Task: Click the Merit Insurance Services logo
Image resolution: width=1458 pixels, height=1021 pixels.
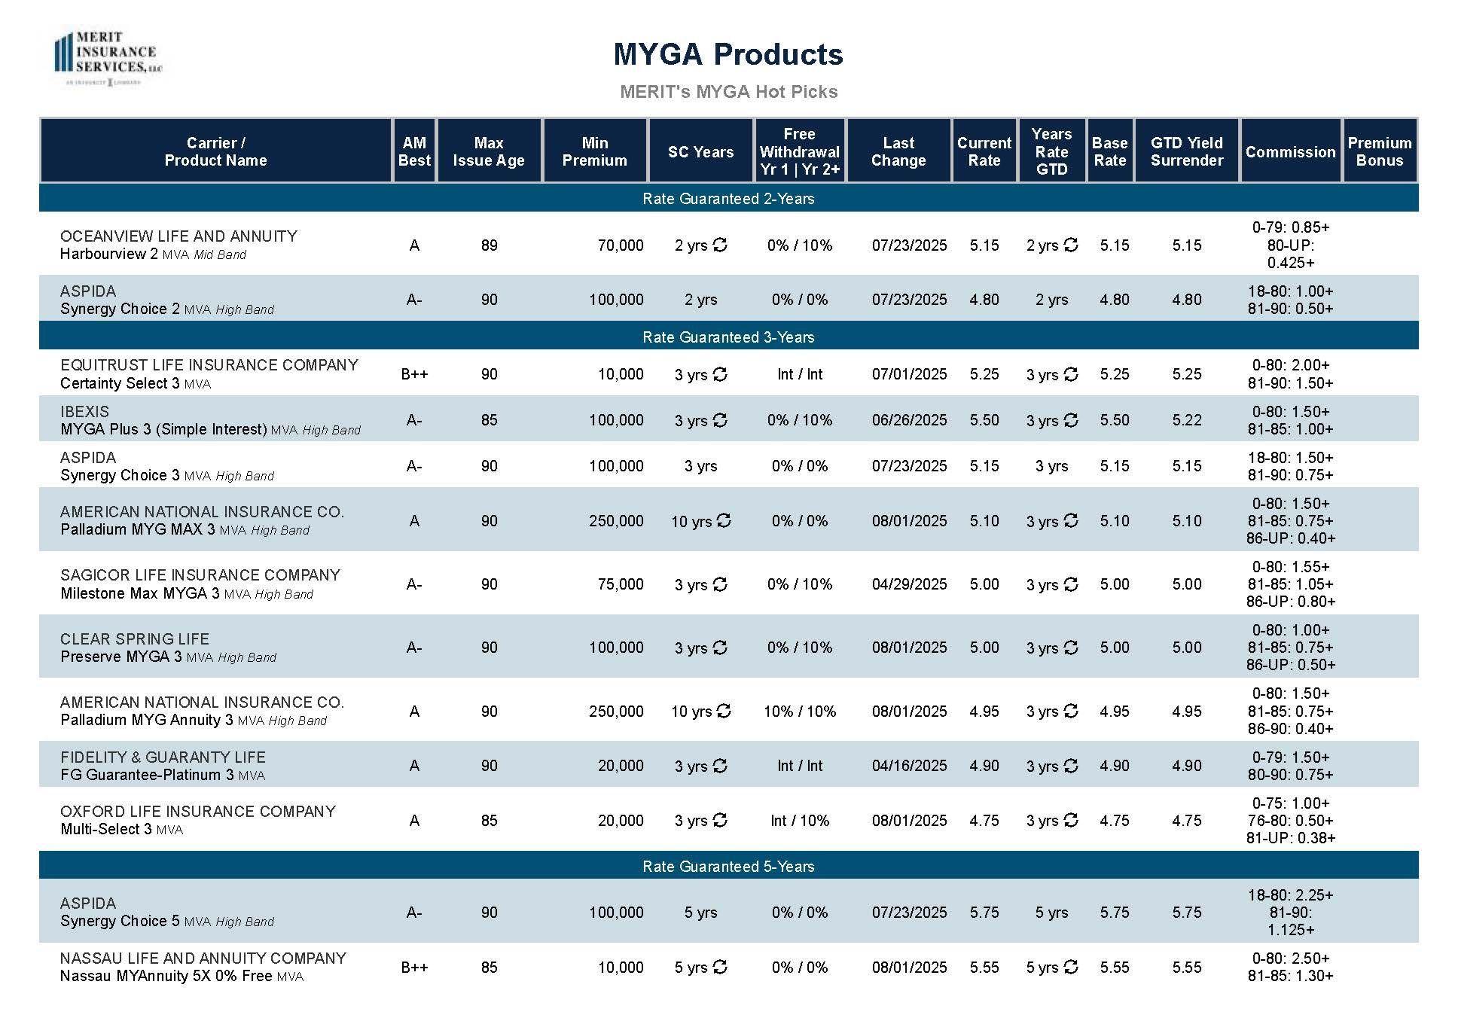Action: pyautogui.click(x=108, y=59)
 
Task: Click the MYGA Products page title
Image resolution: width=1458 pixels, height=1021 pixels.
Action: pyautogui.click(x=727, y=54)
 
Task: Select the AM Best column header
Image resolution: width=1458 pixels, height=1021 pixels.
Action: pyautogui.click(x=414, y=151)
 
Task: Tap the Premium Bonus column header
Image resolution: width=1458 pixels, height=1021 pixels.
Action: pyautogui.click(x=1379, y=151)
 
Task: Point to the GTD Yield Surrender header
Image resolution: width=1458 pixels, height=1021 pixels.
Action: pyautogui.click(x=1186, y=151)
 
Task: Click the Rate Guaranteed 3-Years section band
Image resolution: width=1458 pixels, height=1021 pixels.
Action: pyautogui.click(x=727, y=337)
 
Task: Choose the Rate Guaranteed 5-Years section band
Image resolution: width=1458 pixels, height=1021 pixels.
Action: pyautogui.click(x=727, y=867)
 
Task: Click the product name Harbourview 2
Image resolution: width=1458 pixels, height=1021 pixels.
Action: pyautogui.click(x=108, y=254)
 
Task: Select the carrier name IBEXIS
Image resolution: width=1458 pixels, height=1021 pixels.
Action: pyautogui.click(x=84, y=412)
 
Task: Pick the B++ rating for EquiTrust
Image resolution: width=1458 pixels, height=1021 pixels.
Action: pyautogui.click(x=414, y=374)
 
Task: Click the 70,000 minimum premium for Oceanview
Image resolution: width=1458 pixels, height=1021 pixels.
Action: pyautogui.click(x=620, y=245)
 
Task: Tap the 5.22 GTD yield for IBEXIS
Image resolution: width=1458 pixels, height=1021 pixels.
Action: pyautogui.click(x=1186, y=420)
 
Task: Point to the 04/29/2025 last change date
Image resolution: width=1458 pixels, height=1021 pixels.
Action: pyautogui.click(x=909, y=584)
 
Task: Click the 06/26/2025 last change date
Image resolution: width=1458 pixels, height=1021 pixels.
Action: pyautogui.click(x=909, y=420)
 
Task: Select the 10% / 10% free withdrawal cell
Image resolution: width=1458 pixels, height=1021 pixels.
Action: pyautogui.click(x=799, y=712)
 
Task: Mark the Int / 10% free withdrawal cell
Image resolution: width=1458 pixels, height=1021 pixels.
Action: pyautogui.click(x=799, y=821)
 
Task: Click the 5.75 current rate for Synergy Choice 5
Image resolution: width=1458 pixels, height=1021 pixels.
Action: pyautogui.click(x=984, y=913)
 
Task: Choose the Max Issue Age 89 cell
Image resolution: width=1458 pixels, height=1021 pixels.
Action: pyautogui.click(x=489, y=245)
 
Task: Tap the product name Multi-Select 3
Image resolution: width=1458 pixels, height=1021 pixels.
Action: pyautogui.click(x=106, y=829)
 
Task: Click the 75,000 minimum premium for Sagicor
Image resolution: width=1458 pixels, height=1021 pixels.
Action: pyautogui.click(x=620, y=584)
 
